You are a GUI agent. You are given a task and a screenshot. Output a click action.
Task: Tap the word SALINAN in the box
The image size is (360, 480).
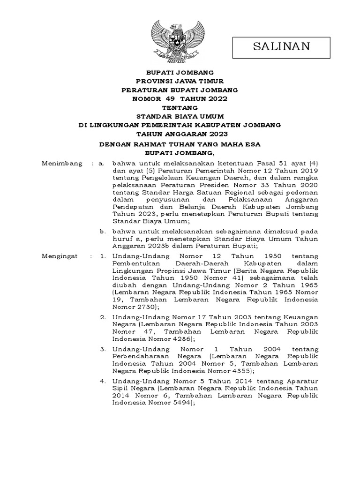(x=282, y=46)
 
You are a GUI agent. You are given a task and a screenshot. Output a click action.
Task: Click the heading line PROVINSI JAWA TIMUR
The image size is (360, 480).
(x=180, y=81)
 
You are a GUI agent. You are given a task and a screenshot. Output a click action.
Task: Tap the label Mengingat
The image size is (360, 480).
(x=60, y=256)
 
